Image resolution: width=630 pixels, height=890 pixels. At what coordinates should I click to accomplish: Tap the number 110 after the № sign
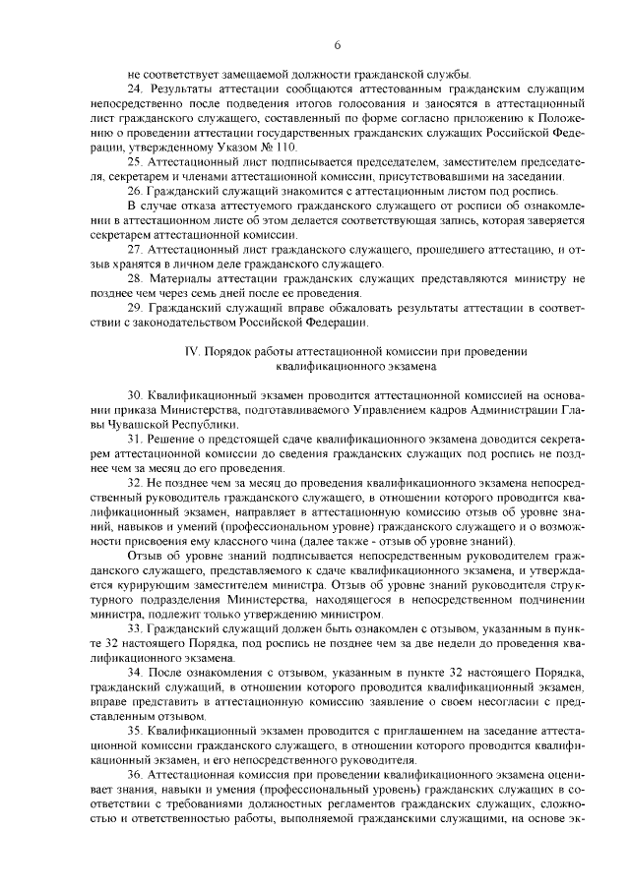tap(283, 146)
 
